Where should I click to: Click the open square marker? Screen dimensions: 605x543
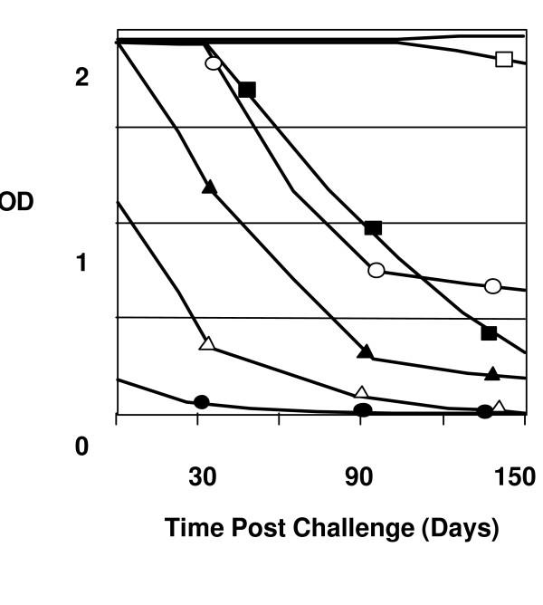tap(504, 60)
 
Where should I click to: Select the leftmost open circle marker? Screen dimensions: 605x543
tap(213, 63)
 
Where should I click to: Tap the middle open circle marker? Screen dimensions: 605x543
tap(376, 270)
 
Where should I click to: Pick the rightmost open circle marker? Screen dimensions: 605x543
tap(492, 286)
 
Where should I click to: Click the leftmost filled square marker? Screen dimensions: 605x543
tap(247, 90)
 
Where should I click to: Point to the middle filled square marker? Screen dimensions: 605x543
tap(373, 227)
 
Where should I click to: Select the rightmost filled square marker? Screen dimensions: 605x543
tap(489, 333)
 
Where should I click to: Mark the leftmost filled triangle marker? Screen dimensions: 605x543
tap(209, 187)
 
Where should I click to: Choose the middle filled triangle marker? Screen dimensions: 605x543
tap(365, 351)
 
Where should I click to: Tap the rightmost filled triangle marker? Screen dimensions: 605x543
tap(491, 373)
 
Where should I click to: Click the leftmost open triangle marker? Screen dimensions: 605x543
tap(207, 343)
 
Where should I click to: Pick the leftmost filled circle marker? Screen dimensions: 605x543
tap(202, 402)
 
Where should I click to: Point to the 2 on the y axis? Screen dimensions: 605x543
tap(82, 78)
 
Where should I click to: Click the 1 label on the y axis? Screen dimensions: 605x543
tap(82, 264)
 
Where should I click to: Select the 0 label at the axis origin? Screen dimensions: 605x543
tap(82, 447)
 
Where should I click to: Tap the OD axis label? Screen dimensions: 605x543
tap(16, 203)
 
